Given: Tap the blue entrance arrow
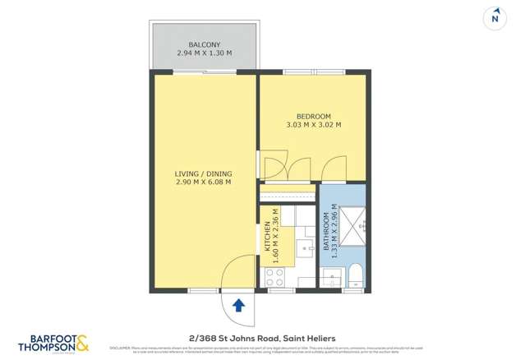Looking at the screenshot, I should (x=238, y=306).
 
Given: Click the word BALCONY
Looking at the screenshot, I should (x=204, y=44).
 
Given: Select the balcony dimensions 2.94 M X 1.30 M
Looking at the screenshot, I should (x=204, y=54).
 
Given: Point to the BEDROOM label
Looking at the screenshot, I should (x=313, y=116).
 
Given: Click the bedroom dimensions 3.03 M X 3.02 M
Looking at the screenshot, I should (x=313, y=126).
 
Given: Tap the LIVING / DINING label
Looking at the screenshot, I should (x=204, y=173).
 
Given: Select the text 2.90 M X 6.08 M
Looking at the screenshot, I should (x=204, y=182).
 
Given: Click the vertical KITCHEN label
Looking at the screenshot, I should (x=267, y=234).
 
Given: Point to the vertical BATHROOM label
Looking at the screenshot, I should (x=326, y=233).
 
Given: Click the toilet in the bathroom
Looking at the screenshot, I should (x=354, y=275).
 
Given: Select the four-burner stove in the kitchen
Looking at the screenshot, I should (x=274, y=276).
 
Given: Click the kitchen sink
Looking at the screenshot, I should (x=306, y=247).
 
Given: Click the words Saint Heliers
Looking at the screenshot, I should (x=308, y=336).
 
